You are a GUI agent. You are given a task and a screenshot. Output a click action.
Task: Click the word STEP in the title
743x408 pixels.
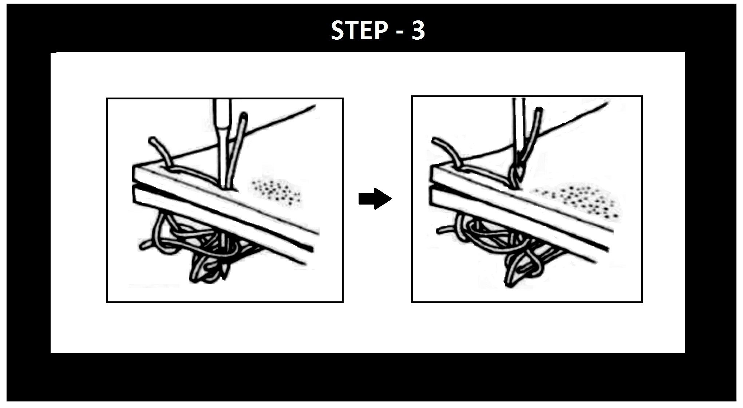pyautogui.click(x=359, y=30)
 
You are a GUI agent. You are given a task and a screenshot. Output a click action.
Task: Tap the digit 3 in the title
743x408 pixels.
pyautogui.click(x=418, y=31)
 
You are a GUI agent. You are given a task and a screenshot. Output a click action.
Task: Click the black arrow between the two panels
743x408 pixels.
pyautogui.click(x=375, y=199)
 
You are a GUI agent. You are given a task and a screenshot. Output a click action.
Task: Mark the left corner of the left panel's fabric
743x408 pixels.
pyautogui.click(x=134, y=167)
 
